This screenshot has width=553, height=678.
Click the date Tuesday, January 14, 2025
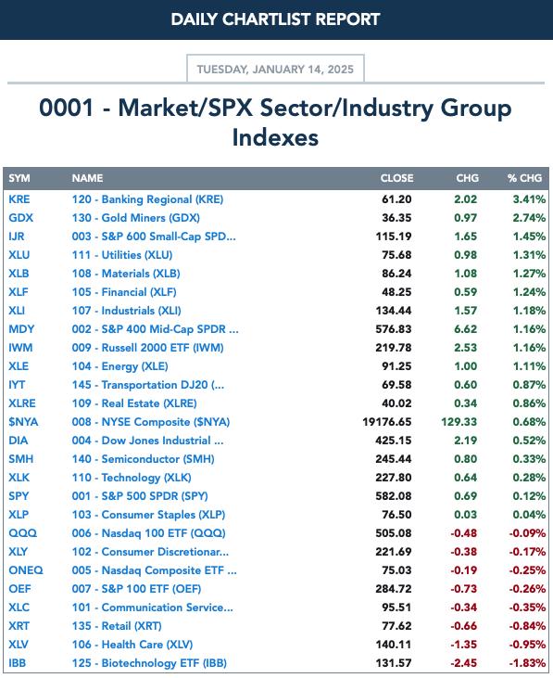(x=275, y=70)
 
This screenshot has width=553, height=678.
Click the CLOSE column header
(x=396, y=178)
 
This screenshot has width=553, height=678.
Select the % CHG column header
(x=524, y=178)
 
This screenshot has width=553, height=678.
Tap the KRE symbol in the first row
(x=19, y=199)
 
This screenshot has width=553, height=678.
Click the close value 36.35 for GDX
(x=396, y=218)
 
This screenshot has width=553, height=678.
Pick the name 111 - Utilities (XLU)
(x=122, y=255)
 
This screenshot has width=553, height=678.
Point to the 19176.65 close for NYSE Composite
(x=387, y=422)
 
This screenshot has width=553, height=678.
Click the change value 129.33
(x=459, y=422)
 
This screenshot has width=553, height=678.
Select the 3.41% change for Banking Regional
(x=529, y=199)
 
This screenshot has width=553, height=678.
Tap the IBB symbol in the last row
(x=18, y=663)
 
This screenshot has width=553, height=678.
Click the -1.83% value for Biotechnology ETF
(x=528, y=663)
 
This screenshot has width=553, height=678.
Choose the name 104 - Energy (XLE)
(x=120, y=366)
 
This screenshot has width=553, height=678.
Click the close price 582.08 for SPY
(x=394, y=496)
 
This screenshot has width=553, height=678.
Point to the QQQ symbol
(x=23, y=533)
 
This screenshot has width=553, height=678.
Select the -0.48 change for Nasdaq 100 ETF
(x=464, y=533)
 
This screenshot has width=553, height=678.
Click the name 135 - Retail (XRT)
(x=117, y=626)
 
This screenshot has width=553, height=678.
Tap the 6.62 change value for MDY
(x=466, y=329)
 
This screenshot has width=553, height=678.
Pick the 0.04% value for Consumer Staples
(x=529, y=515)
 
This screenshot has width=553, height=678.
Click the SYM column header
(x=19, y=178)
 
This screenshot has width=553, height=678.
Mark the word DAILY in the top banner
(x=195, y=19)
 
